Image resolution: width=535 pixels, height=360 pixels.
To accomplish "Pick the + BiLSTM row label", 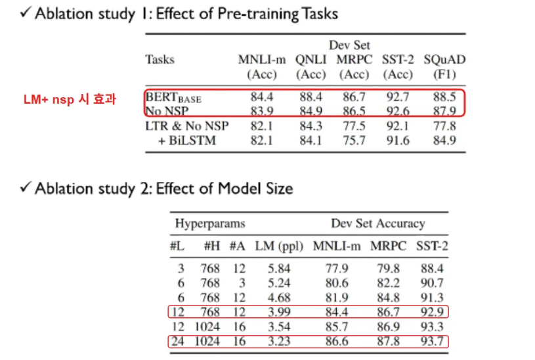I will [182, 141].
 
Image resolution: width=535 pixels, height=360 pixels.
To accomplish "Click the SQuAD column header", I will [444, 60].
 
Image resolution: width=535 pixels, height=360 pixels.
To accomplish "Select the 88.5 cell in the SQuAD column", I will [444, 97].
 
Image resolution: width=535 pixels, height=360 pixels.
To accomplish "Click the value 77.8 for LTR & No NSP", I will [444, 126].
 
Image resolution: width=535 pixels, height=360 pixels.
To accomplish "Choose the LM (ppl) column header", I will [279, 246].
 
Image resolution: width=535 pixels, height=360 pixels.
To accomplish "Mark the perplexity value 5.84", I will [279, 268].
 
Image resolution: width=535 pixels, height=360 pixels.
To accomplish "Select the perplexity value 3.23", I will [279, 342].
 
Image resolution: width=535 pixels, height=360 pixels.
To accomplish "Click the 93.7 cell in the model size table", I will [432, 342].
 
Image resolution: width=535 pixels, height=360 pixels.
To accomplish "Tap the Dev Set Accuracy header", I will [377, 223].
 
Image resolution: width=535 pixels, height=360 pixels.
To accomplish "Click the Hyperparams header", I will [209, 223].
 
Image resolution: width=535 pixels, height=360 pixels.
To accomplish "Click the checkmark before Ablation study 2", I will [26, 189].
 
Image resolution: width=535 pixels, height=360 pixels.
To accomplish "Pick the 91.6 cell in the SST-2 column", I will [398, 141].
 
